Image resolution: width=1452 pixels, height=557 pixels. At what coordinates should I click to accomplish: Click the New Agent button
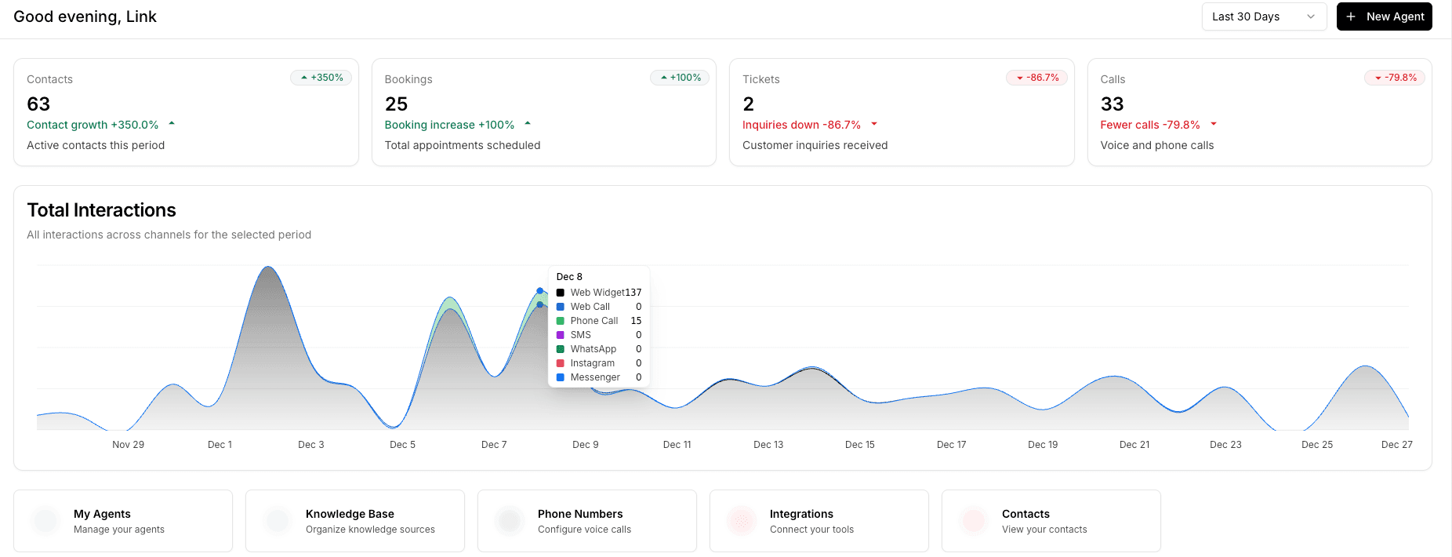point(1384,16)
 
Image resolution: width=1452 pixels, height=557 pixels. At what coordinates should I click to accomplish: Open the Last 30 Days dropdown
point(1263,16)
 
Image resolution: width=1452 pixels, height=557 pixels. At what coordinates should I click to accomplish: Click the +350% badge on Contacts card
point(322,78)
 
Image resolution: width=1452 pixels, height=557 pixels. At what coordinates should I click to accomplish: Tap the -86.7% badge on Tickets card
point(1037,78)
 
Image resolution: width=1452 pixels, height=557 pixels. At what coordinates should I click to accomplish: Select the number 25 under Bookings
point(396,104)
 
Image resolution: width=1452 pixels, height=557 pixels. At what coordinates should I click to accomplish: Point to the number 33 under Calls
point(1112,104)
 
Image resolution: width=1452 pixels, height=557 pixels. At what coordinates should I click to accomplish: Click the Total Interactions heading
point(101,210)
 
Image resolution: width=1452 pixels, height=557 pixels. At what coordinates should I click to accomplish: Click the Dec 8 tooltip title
point(569,277)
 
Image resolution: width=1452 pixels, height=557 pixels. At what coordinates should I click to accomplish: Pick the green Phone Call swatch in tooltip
point(561,321)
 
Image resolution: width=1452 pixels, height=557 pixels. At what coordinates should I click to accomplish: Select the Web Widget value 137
point(633,293)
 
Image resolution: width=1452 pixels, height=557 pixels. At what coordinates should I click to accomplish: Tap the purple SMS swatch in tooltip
point(561,335)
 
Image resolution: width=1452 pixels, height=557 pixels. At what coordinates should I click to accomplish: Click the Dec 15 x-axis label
point(859,445)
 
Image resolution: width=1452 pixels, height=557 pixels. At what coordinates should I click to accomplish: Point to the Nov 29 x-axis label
point(128,445)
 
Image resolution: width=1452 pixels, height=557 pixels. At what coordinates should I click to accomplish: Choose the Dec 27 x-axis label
point(1396,445)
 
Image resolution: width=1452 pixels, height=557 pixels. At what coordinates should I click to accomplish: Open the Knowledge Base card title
point(350,514)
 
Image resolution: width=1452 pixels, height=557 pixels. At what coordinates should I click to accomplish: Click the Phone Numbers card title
point(580,514)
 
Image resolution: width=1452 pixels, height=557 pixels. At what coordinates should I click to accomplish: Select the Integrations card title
point(801,514)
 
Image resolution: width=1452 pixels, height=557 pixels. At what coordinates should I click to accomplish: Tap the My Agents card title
point(102,514)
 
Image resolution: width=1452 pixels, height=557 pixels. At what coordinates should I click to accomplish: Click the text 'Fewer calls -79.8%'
point(1149,125)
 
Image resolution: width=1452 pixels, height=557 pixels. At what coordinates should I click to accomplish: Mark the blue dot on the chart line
point(539,291)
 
